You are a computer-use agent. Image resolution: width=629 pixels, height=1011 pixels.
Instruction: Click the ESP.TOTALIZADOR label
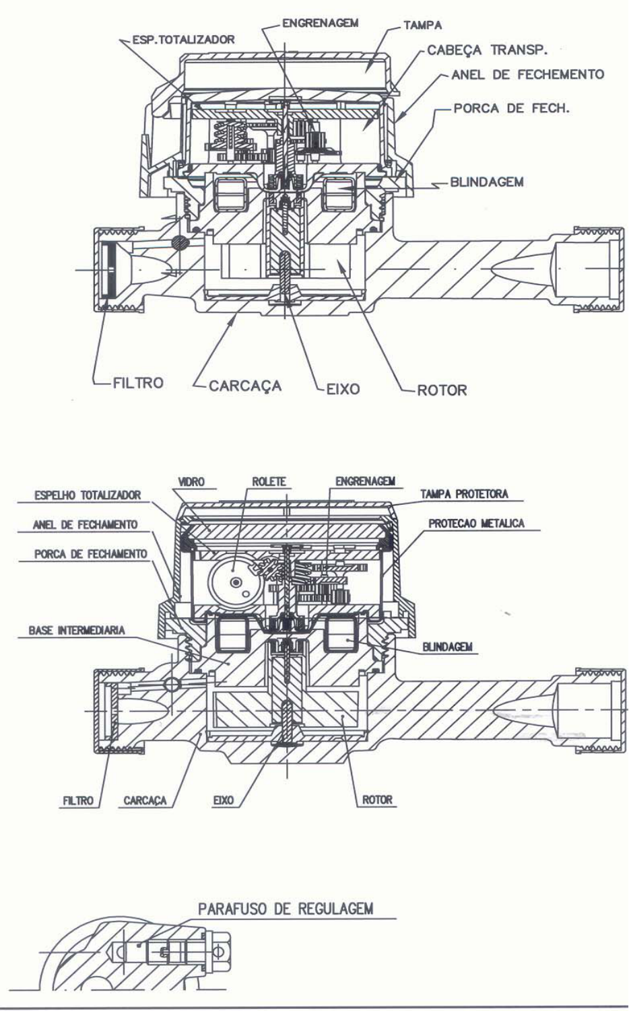tap(183, 40)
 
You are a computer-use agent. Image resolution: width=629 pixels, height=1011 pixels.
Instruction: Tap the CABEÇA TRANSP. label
tap(487, 50)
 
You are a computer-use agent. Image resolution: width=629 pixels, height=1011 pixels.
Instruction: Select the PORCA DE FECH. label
tap(511, 108)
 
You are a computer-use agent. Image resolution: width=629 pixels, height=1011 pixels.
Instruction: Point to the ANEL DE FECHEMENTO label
tap(528, 75)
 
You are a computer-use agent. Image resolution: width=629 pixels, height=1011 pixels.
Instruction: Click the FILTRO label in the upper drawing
tap(138, 383)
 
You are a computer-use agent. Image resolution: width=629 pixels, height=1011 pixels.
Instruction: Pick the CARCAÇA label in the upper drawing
tap(245, 386)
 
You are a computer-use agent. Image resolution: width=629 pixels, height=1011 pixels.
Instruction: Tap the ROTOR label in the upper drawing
tap(442, 390)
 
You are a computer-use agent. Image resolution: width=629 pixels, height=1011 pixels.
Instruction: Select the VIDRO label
tap(191, 481)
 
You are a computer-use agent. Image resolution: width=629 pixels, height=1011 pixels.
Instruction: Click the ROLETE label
tap(269, 481)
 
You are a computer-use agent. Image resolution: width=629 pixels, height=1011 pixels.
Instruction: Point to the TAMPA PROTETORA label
tap(464, 494)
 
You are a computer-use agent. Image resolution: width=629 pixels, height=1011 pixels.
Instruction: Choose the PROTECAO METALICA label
tap(476, 523)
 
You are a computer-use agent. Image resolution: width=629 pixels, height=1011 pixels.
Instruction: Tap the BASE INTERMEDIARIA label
tap(77, 630)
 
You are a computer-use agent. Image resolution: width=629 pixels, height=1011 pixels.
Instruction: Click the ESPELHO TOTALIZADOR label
tap(88, 495)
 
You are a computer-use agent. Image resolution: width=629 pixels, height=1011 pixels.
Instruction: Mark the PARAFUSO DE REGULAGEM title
tap(286, 907)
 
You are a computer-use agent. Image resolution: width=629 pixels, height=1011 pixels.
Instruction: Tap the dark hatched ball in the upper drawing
tap(180, 243)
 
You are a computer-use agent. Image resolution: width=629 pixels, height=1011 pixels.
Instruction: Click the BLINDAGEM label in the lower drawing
tap(447, 647)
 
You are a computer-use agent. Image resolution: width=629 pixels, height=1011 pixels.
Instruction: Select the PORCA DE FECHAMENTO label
tap(91, 554)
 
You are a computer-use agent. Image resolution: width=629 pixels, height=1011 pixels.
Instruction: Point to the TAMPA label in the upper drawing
tap(423, 26)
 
